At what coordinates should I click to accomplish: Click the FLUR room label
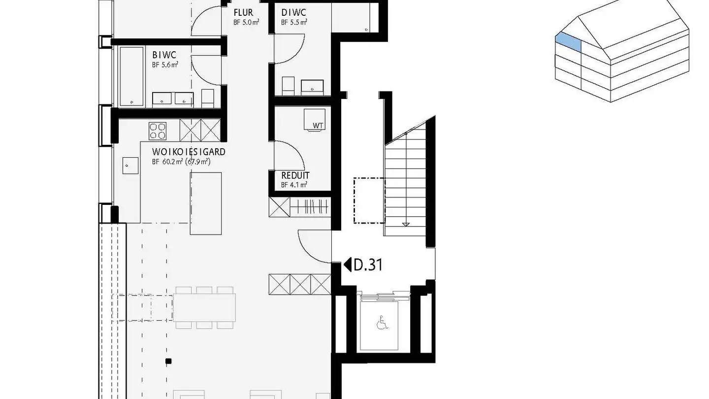coord(243,13)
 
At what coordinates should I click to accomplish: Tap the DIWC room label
coord(293,13)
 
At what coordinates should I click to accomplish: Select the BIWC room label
coord(164,55)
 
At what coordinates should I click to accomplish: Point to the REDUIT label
coord(295,176)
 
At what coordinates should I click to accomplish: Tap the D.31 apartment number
coord(368,265)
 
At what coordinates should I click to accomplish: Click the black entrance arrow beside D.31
coord(347,265)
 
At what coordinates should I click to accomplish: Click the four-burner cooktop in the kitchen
coord(158,131)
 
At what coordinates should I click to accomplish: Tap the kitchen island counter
coord(206,203)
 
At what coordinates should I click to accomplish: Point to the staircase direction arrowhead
coord(406,224)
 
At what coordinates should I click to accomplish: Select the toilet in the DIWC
coord(288,86)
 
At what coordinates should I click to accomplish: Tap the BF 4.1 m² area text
coord(294,185)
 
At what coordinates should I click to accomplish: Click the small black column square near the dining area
coord(169,362)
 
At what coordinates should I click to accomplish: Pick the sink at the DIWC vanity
coord(313,87)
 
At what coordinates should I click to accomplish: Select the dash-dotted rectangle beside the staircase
coord(369,201)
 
